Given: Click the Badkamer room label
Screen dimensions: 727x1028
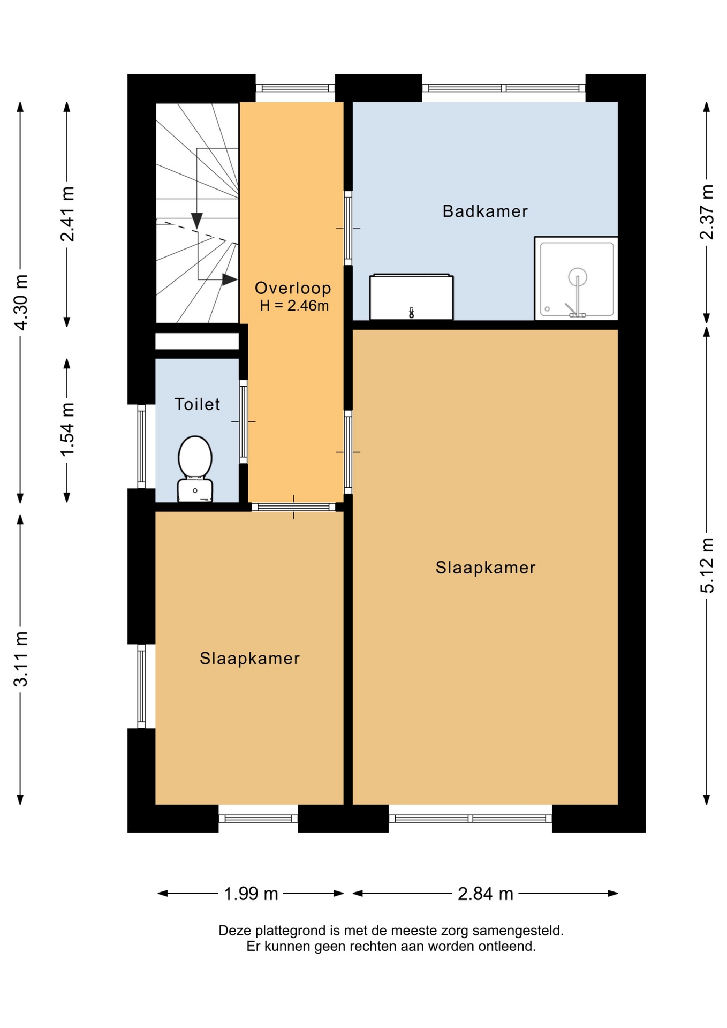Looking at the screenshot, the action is [485, 211].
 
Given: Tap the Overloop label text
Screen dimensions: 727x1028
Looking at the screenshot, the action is [293, 288].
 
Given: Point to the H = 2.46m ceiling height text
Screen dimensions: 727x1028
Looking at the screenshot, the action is [294, 306].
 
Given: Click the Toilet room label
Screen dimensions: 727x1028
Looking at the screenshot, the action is [197, 404].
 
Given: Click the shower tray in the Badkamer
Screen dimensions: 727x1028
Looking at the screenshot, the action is [576, 278].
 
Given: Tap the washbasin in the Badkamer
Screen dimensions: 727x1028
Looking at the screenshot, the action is [411, 297].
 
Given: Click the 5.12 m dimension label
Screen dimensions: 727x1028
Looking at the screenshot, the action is [707, 565].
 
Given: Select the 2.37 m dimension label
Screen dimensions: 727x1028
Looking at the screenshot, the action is [707, 212].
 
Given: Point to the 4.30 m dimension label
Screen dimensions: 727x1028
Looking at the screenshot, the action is [20, 303].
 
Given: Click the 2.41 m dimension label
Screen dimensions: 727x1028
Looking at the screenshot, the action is [67, 214].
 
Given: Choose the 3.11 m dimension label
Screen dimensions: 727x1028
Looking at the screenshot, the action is [20, 659].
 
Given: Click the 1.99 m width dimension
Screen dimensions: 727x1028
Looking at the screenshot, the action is [251, 894].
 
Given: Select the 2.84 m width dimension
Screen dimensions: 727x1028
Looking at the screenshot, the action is [485, 894].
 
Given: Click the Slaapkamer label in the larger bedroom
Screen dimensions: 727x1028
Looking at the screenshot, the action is [485, 568].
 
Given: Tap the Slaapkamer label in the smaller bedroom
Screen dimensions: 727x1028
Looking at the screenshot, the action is [249, 658].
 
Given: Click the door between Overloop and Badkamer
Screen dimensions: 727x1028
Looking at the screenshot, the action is [348, 228].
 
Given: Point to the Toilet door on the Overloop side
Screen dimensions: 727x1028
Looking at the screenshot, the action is [244, 421].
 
